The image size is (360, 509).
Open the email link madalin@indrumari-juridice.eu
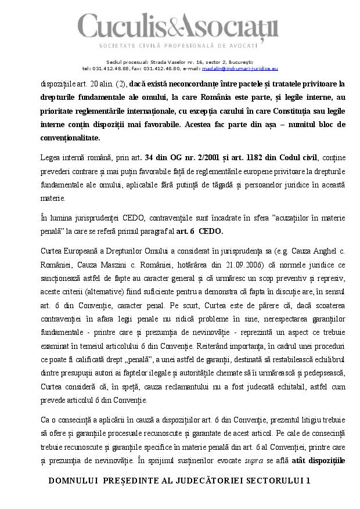coord(245,68)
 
